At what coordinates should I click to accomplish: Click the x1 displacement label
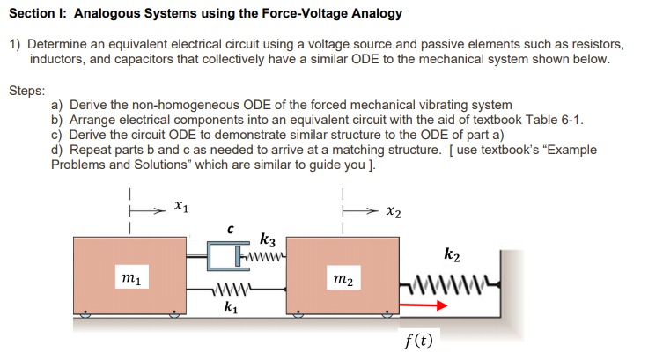click(179, 206)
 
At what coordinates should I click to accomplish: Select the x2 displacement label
click(394, 212)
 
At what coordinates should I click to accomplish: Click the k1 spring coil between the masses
click(232, 291)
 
